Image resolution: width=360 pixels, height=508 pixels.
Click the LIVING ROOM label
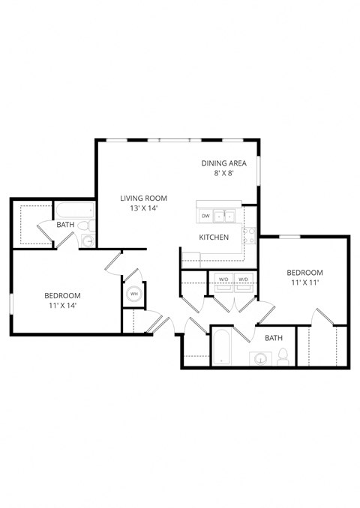tap(143, 198)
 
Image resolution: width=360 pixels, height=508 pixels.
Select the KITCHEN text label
tap(214, 238)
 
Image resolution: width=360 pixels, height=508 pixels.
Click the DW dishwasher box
tap(205, 217)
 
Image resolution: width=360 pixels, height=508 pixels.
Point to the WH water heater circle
tap(134, 294)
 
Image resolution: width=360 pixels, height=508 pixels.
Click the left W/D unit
tap(223, 279)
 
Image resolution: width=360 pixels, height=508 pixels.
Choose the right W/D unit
tap(243, 279)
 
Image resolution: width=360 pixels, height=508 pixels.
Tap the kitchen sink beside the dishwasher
tap(225, 217)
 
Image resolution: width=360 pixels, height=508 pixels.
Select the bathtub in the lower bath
tap(222, 349)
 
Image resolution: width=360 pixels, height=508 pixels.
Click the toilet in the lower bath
tap(283, 358)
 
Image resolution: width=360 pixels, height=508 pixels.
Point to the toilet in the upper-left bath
tap(88, 225)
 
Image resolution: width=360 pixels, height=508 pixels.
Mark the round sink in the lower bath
tap(260, 358)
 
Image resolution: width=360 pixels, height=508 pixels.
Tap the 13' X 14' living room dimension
tap(143, 210)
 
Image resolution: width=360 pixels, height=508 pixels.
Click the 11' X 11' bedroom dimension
tap(304, 284)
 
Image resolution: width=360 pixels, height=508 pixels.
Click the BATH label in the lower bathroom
tap(274, 338)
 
